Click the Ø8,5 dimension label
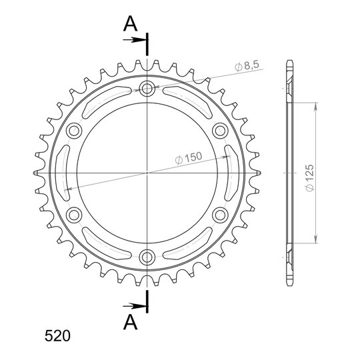[247, 66]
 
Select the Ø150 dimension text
[189, 158]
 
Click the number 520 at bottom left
[57, 336]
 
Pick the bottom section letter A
[130, 322]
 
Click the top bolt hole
[147, 88]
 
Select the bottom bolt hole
[147, 257]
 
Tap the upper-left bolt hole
[74, 131]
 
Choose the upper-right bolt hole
[220, 131]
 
